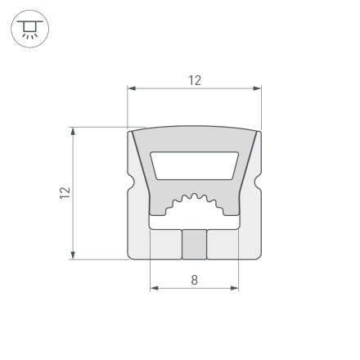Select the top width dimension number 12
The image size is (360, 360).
coord(194,79)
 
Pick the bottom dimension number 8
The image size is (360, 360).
coord(194,279)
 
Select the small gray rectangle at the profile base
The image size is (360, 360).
coord(194,244)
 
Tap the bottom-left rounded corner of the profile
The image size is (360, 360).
coord(133,255)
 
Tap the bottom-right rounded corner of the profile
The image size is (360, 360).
coord(256,255)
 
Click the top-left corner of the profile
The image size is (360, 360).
coord(132,131)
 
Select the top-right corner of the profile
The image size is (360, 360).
coord(257,131)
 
